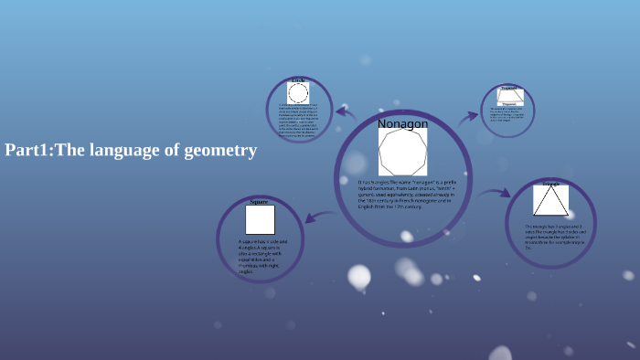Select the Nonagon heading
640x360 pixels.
tap(402, 123)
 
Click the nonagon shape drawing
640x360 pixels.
tap(403, 152)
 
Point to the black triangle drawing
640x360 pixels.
tap(550, 201)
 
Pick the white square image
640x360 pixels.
tap(260, 220)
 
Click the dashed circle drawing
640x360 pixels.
tap(298, 93)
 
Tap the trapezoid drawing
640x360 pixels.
tap(509, 95)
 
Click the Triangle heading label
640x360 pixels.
tap(550, 184)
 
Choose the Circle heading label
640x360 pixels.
tap(298, 80)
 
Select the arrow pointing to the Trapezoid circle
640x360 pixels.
tap(468, 116)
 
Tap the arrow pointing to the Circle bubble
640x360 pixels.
tap(345, 112)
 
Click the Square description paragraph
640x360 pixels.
tap(259, 256)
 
